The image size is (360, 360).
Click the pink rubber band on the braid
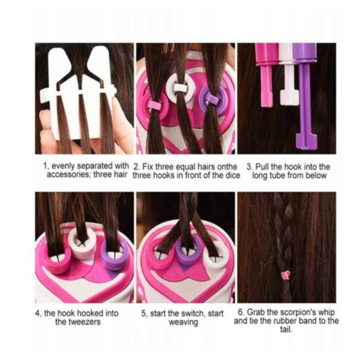[286, 275]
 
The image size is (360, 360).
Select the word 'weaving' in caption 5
[183, 322]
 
